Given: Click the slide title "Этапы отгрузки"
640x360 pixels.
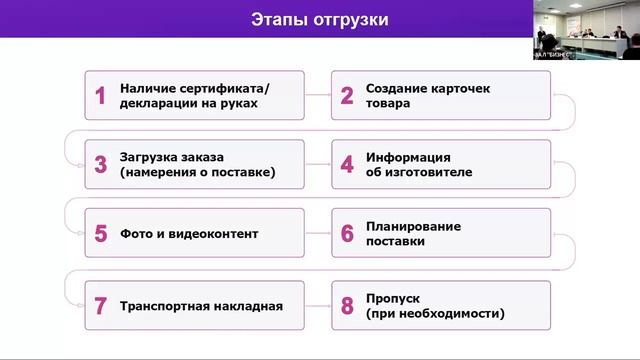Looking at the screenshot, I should click(319, 19).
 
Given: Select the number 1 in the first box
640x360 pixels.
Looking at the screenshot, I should click(100, 95).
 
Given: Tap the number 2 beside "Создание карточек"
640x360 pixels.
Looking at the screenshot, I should click(347, 95).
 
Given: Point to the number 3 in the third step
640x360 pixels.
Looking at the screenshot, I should click(100, 165).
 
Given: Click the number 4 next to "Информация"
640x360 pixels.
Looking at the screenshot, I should click(347, 165).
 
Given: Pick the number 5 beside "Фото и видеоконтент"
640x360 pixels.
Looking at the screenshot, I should click(100, 234).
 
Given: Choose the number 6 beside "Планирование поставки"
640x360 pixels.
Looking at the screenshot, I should click(347, 234).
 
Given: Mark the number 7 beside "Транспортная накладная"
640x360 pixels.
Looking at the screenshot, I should click(100, 306).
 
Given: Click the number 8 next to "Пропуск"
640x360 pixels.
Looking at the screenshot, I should click(347, 306).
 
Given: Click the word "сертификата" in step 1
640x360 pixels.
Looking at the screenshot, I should click(225, 88).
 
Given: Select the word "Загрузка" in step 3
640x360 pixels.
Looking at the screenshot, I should click(151, 158).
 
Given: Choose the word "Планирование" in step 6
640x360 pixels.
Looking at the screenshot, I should click(413, 226).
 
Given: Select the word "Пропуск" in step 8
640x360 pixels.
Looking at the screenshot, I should click(393, 298).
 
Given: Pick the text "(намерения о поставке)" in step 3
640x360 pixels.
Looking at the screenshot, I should click(197, 172).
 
